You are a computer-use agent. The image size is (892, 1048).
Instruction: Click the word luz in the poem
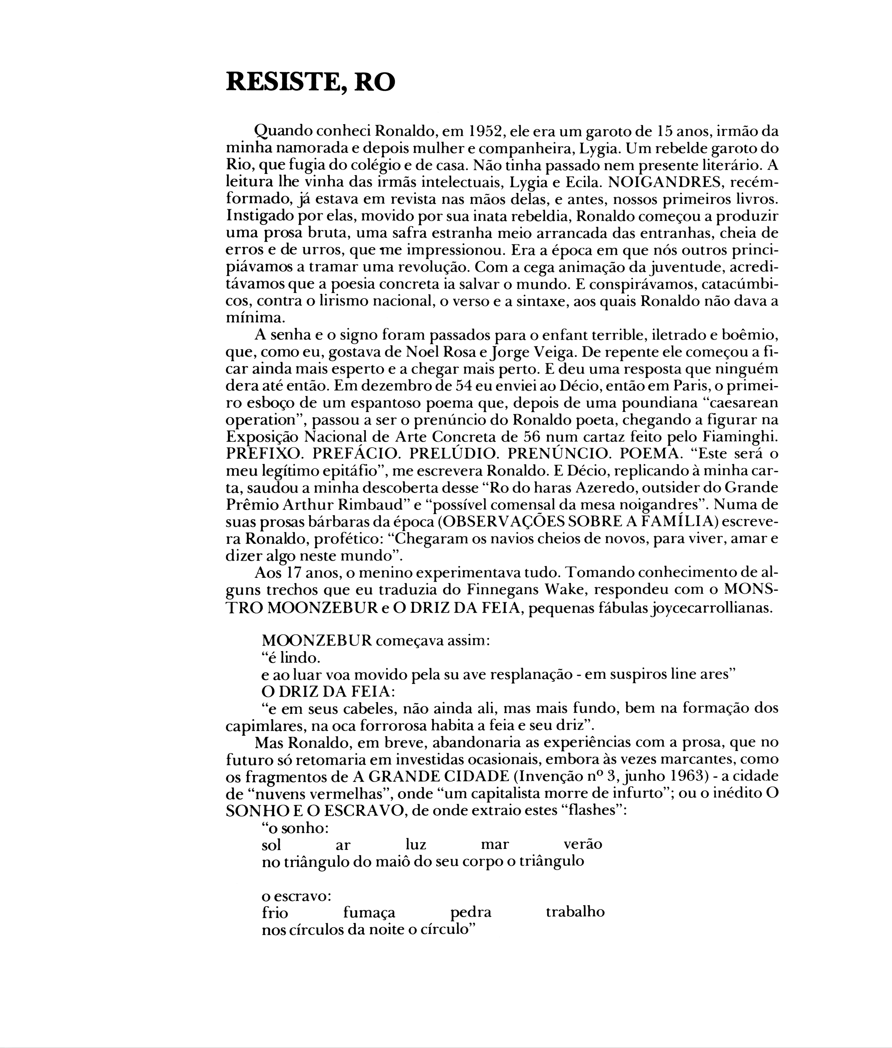point(416,845)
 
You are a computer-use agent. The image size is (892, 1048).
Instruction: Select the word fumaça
point(369,913)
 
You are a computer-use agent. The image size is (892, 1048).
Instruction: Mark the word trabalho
point(575,912)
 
